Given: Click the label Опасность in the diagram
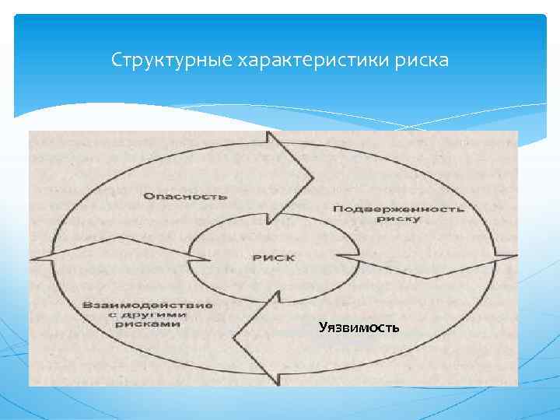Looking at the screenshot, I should click(185, 195).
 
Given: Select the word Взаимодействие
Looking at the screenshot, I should click(146, 304).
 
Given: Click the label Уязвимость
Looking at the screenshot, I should click(359, 328).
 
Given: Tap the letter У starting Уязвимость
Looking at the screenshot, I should click(323, 328).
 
